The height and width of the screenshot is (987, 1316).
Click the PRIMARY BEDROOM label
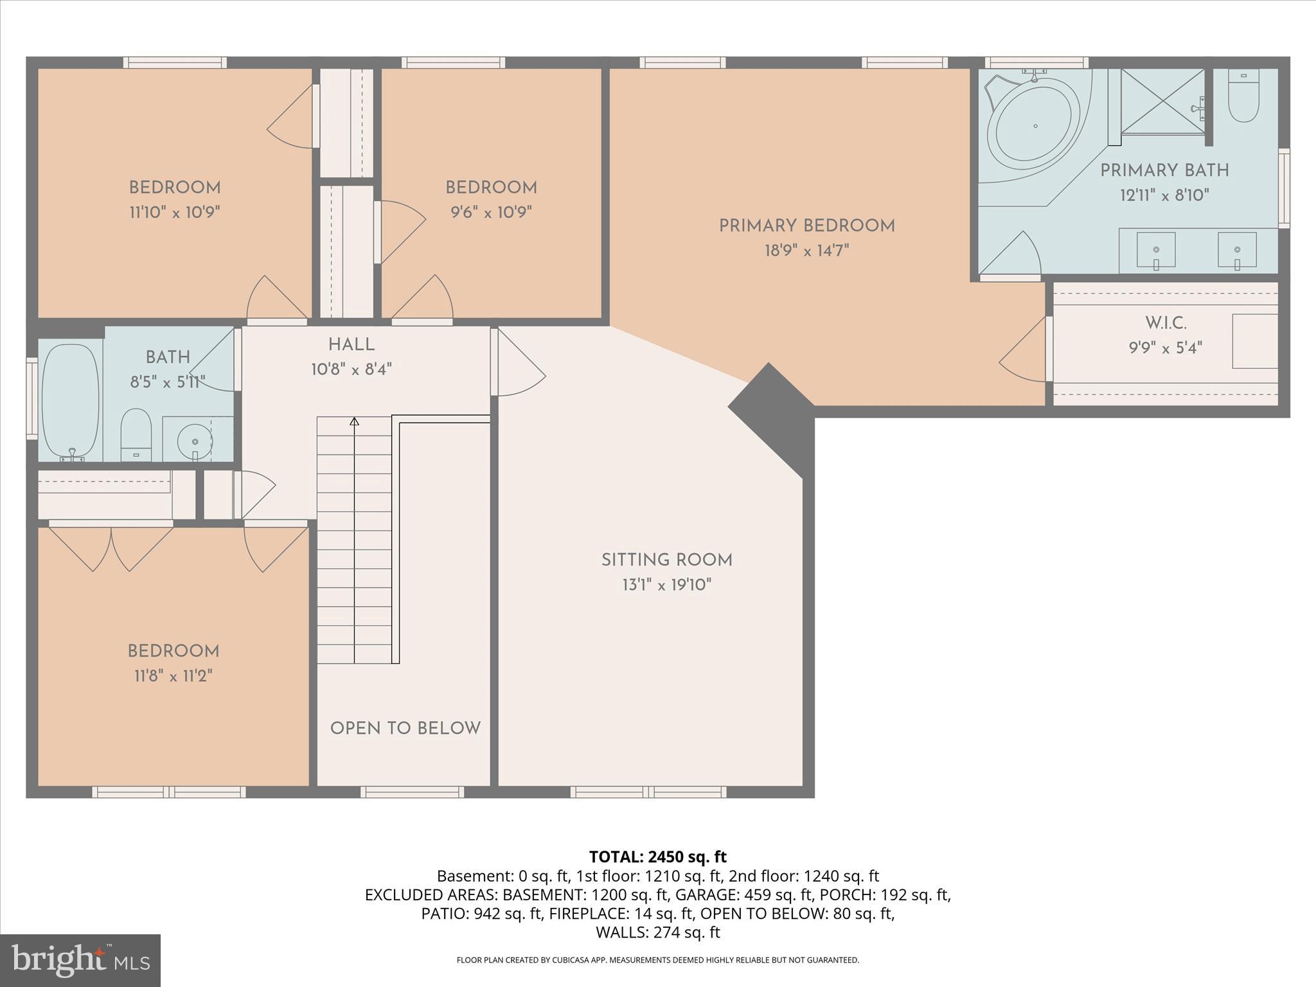[806, 226]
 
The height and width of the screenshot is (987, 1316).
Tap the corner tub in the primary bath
[1034, 126]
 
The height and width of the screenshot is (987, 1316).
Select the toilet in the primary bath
[1243, 96]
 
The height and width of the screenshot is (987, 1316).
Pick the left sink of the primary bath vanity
[1156, 250]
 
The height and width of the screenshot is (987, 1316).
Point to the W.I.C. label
[1165, 323]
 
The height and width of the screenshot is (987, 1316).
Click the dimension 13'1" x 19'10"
[667, 585]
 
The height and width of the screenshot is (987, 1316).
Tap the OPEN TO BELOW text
[405, 728]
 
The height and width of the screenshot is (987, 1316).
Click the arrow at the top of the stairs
[354, 422]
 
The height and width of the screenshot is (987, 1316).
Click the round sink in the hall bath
[195, 441]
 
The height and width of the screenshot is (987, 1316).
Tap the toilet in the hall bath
[136, 434]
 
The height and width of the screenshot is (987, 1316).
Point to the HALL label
[351, 345]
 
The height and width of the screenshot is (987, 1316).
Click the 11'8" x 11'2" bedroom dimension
[173, 676]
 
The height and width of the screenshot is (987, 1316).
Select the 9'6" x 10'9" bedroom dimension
[491, 213]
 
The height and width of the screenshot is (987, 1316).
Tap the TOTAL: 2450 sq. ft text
[657, 857]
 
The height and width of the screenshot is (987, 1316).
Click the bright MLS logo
[80, 961]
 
